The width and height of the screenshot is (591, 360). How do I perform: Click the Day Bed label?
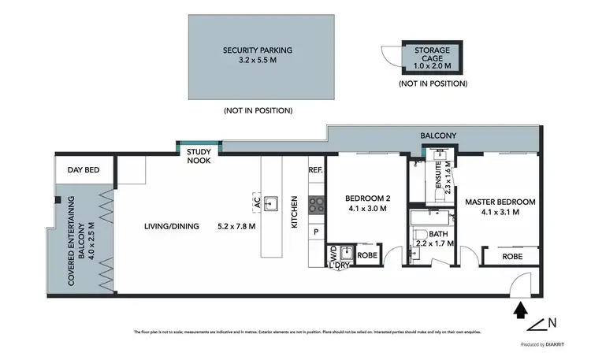click(83, 169)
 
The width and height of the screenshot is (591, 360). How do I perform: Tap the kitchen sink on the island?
click(271, 204)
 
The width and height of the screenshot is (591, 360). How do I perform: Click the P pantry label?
click(316, 232)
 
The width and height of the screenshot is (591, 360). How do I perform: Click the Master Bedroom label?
click(499, 207)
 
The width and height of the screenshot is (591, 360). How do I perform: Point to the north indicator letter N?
click(553, 322)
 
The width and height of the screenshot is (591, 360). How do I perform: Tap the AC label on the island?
click(257, 202)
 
